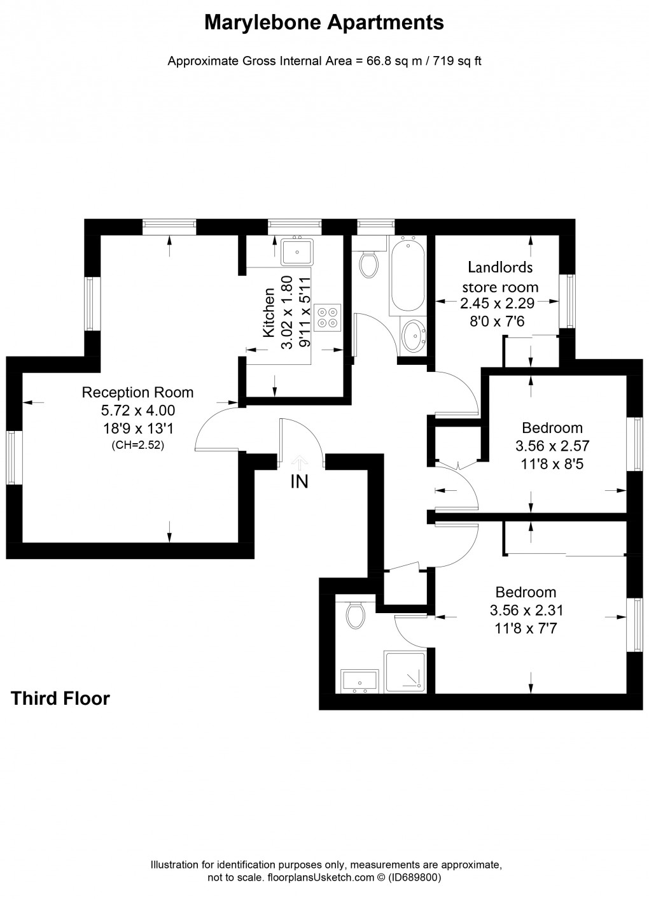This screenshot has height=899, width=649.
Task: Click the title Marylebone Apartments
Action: point(324,24)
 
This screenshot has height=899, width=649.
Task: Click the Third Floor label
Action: point(60,698)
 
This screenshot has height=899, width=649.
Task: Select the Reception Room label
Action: point(137,392)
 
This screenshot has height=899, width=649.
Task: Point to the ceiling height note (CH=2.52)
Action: point(137,445)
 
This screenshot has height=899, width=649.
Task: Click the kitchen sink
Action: point(297,251)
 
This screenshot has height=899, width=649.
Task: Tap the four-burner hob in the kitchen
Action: point(328,316)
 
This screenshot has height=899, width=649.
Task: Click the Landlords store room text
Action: point(500,277)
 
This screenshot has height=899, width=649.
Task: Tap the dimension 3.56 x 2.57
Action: point(552,446)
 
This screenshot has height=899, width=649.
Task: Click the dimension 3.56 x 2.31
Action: point(526,611)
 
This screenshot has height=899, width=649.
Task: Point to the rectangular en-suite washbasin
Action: point(360,680)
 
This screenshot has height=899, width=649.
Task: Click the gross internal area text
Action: point(324,61)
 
